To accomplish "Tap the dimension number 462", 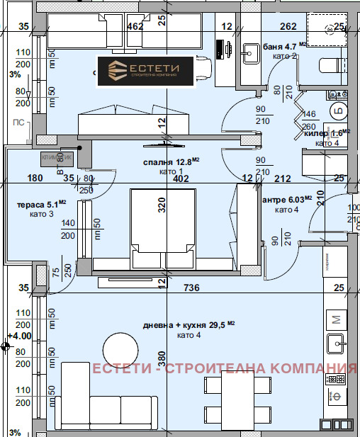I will tap(135, 28).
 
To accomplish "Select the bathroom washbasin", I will tap(251, 51).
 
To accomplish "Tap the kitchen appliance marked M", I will tap(337, 317).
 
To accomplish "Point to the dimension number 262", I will tap(288, 28).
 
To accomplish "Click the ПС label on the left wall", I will tap(18, 123).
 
